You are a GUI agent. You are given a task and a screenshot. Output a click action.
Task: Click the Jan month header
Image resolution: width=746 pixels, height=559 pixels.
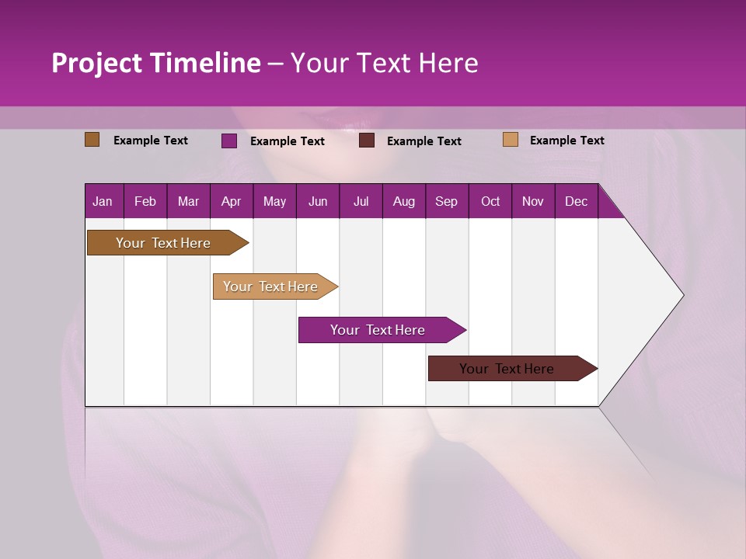point(103,202)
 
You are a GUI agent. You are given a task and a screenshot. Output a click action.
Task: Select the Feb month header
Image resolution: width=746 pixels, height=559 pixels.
point(145,202)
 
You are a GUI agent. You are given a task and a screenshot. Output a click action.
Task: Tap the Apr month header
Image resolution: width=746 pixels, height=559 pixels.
point(231,202)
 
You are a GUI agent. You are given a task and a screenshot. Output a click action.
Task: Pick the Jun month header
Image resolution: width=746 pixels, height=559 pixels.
point(318,202)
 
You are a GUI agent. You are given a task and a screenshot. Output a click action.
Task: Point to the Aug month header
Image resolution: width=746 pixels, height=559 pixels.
point(403,202)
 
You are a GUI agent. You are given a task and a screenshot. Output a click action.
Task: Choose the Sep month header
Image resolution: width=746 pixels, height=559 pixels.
point(446,202)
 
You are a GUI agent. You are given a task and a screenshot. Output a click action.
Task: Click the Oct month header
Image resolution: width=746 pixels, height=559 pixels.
point(490,202)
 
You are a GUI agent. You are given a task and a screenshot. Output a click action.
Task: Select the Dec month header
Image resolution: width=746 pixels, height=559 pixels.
point(576,202)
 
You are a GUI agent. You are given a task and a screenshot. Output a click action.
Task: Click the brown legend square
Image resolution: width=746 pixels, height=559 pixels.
point(92,140)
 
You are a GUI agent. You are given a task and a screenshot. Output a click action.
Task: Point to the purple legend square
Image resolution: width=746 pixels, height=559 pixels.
point(229,141)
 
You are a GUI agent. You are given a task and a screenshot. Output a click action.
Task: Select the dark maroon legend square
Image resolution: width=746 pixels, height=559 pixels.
point(367,141)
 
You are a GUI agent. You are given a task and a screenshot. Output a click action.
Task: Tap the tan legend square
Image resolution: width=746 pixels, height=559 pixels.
point(510,140)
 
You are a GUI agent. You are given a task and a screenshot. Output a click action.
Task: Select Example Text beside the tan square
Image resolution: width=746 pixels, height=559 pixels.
point(566,141)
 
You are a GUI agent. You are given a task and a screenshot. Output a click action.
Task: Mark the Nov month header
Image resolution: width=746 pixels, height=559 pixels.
point(533,202)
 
